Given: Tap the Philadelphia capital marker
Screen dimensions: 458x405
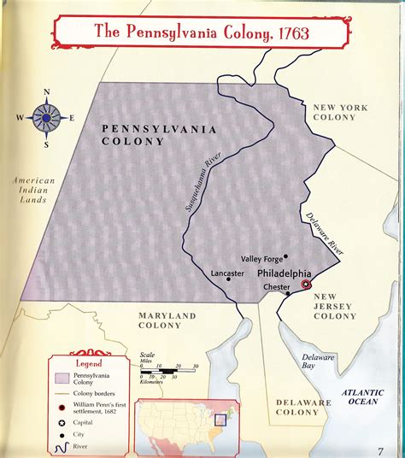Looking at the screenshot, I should (306, 285).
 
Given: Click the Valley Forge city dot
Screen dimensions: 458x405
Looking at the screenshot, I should (286, 255).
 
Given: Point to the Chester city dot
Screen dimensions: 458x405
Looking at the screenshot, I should (288, 294).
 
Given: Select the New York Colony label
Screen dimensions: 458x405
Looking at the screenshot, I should (339, 113).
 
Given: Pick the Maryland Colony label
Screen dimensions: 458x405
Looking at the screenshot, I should (167, 320).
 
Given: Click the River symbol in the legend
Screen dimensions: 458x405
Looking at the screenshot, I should (61, 447).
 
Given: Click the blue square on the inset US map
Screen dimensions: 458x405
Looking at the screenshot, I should (221, 420).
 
